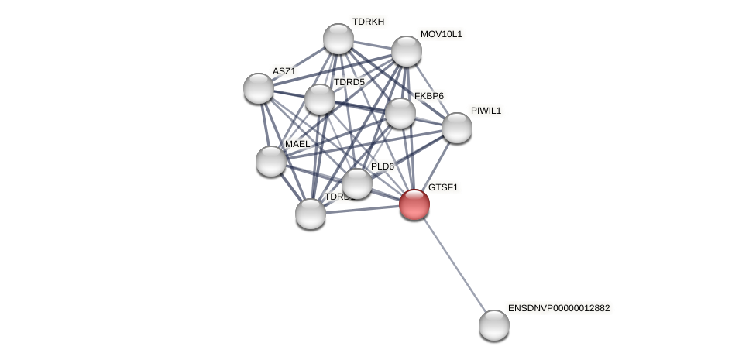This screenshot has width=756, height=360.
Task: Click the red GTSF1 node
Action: pos(414,204)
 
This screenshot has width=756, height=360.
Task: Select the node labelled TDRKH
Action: pos(338,39)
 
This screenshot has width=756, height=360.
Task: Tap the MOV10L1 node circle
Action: pos(407,51)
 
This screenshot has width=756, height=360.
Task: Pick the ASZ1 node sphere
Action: pos(259,88)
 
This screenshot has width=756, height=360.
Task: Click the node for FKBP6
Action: pos(400,113)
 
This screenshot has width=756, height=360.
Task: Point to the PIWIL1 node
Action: pos(457,128)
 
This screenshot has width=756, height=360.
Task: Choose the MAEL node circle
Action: pos(271,161)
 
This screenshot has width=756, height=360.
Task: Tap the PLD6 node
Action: pos(357,183)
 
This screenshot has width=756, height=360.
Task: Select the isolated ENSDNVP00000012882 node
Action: pos(494,325)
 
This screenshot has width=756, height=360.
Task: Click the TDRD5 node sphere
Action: pos(320,99)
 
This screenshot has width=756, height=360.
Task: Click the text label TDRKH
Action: pos(368,22)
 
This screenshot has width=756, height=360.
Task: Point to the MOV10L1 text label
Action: pos(442,34)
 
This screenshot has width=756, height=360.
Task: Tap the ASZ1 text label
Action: pos(283,71)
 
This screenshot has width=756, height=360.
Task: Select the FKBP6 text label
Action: pos(429,96)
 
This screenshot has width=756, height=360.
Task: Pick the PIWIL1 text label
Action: pos(486,111)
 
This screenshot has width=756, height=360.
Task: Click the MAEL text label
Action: pos(297,144)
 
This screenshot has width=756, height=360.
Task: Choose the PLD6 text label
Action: pos(383,166)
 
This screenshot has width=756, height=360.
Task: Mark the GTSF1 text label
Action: pos(443,187)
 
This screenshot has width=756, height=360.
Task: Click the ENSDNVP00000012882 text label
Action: pos(558,308)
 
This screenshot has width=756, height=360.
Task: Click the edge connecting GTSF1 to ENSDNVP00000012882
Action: pos(455,265)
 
